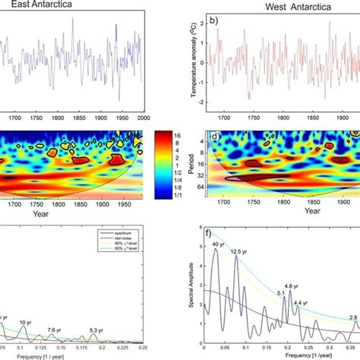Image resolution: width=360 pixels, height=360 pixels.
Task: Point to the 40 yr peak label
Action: point(217,244)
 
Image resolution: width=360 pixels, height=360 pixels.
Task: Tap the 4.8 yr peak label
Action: point(292,286)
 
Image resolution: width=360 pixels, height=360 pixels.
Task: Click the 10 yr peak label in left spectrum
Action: point(26,323)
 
